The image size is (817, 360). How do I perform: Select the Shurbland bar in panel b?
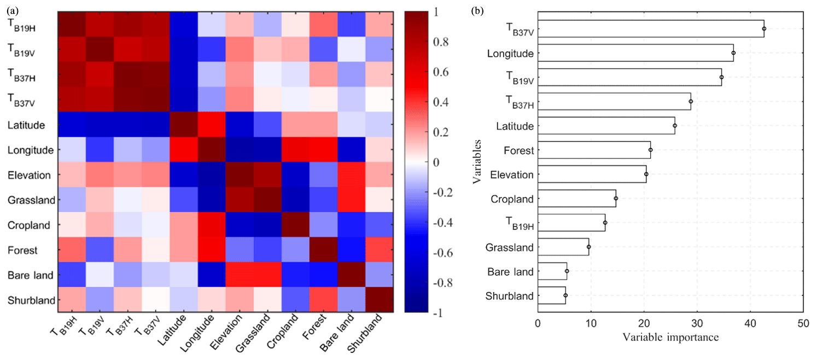tap(551, 295)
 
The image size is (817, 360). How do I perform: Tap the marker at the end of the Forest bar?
tap(650, 150)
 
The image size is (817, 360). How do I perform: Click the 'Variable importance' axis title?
tap(670, 336)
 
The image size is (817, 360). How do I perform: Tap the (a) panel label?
tap(7, 7)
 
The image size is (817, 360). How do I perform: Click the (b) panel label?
tap(477, 7)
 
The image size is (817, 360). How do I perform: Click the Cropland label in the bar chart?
tap(511, 199)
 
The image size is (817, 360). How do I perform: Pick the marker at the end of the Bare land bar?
tap(567, 271)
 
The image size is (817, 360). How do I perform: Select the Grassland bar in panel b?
tap(563, 247)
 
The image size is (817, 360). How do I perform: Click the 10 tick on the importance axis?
tap(591, 324)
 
